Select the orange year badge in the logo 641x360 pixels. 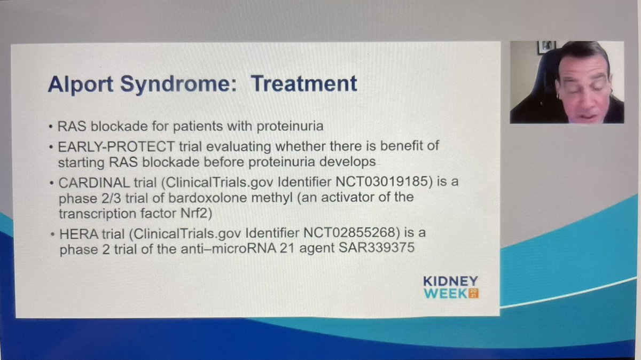(472, 293)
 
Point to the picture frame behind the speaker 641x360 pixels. (546, 46)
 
